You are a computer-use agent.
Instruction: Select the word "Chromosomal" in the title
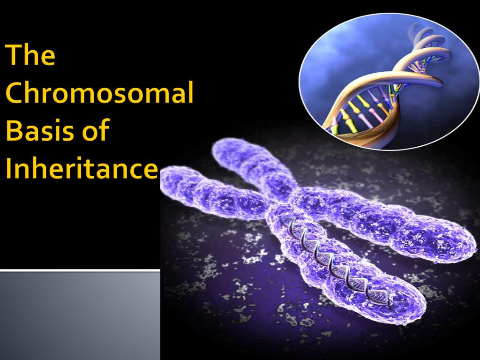point(99,92)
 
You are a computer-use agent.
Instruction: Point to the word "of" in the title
point(96,129)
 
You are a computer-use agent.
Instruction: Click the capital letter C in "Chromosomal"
point(15,92)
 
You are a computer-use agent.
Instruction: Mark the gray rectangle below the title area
point(80,315)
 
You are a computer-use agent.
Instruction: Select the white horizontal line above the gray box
point(80,270)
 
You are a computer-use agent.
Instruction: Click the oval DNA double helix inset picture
point(389,82)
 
